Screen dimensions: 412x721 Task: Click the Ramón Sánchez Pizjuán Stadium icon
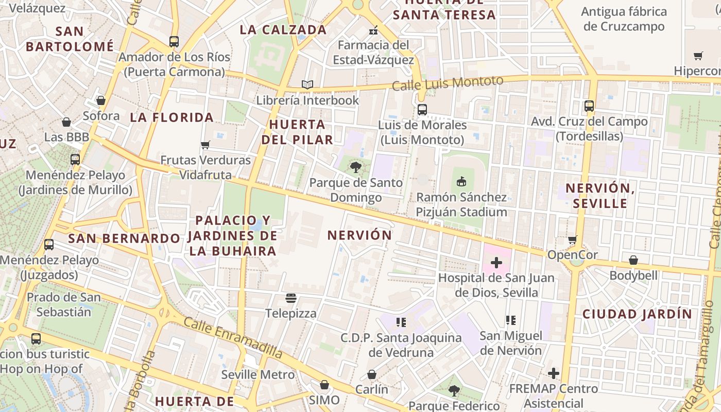pyautogui.click(x=461, y=181)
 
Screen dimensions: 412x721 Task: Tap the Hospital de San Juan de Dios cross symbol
pyautogui.click(x=496, y=263)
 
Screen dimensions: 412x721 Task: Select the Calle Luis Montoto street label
pyautogui.click(x=447, y=83)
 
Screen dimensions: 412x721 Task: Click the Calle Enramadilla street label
pyautogui.click(x=233, y=337)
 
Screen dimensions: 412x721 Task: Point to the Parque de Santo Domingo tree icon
pyautogui.click(x=355, y=167)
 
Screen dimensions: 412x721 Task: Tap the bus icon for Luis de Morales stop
pyautogui.click(x=422, y=109)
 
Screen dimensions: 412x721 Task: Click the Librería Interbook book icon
pyautogui.click(x=307, y=84)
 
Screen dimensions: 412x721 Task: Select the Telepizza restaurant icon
pyautogui.click(x=291, y=298)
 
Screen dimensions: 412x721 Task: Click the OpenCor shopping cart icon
pyautogui.click(x=572, y=239)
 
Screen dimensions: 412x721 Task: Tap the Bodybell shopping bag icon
pyautogui.click(x=633, y=260)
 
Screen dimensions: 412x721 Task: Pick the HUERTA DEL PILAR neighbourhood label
pyautogui.click(x=297, y=132)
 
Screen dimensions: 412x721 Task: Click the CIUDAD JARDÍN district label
pyautogui.click(x=637, y=314)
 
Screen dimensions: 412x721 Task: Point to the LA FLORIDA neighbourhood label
pyautogui.click(x=171, y=117)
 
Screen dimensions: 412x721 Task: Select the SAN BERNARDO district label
pyautogui.click(x=124, y=238)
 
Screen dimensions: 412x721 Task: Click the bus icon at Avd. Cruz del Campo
pyautogui.click(x=589, y=106)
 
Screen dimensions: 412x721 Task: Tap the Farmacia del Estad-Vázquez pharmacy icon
pyautogui.click(x=373, y=30)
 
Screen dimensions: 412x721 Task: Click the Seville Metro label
pyautogui.click(x=257, y=374)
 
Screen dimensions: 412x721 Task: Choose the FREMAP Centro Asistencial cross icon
pyautogui.click(x=554, y=373)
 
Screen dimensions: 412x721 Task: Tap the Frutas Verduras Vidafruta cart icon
pyautogui.click(x=205, y=145)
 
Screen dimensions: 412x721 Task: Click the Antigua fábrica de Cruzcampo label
pyautogui.click(x=624, y=19)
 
